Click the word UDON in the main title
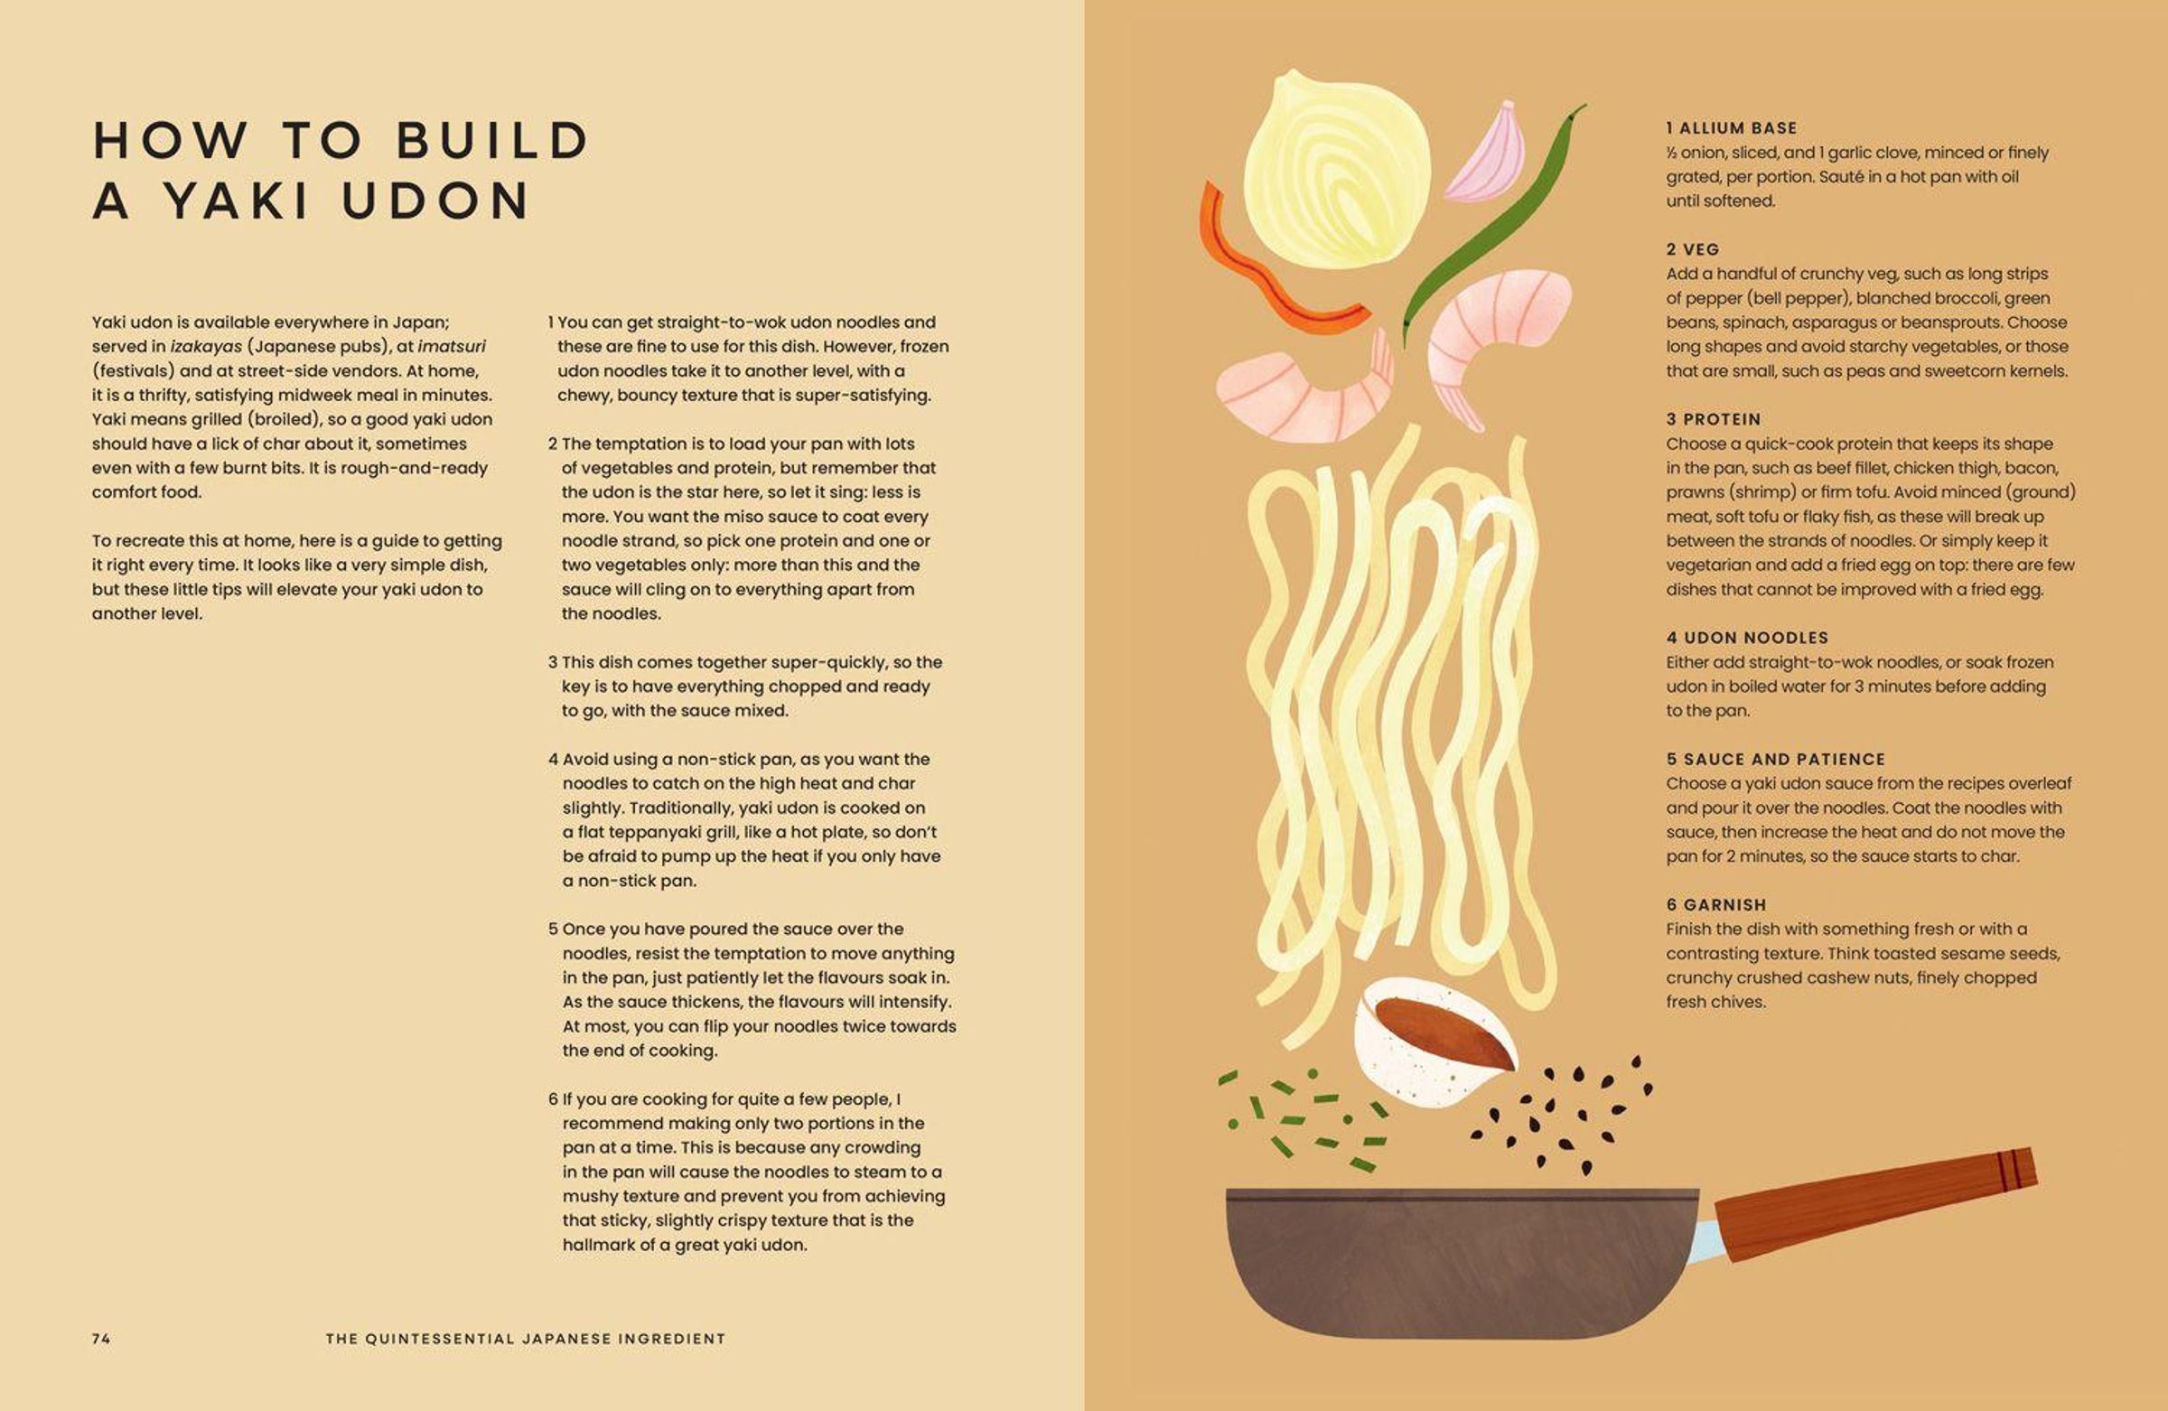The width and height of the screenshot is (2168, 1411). (x=435, y=201)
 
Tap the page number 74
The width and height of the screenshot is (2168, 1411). (x=101, y=1338)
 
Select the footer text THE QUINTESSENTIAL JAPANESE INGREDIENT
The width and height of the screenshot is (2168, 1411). (x=526, y=1338)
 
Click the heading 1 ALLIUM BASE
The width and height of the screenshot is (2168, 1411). (x=1731, y=128)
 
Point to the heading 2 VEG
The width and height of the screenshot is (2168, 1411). (x=1693, y=249)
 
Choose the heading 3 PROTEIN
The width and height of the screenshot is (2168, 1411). (x=1714, y=419)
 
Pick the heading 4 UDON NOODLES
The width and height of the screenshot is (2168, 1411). (x=1747, y=638)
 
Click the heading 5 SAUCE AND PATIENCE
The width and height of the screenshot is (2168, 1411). (x=1775, y=759)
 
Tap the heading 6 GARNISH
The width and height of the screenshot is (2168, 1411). (x=1716, y=904)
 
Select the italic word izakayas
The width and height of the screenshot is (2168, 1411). (x=206, y=347)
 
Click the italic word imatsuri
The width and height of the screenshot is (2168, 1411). (x=452, y=347)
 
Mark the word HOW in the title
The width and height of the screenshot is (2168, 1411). (x=171, y=140)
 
